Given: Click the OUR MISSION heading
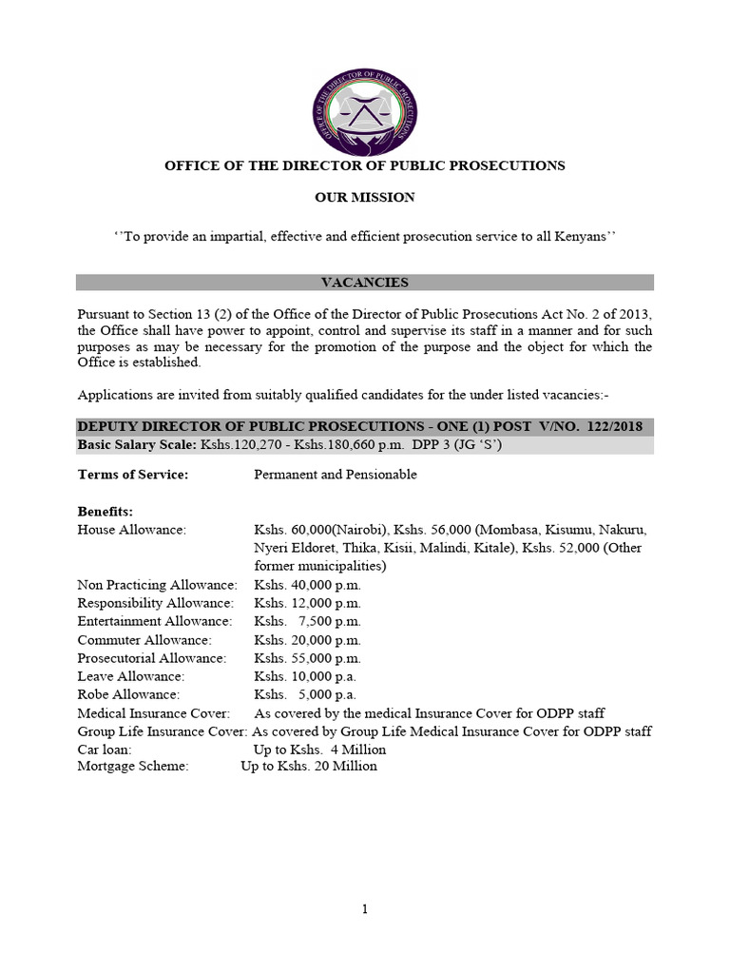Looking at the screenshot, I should [365, 198].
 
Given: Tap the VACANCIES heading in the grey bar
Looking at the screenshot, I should [365, 282].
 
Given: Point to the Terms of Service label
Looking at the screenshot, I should [132, 475].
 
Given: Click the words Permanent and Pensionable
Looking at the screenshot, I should [336, 475].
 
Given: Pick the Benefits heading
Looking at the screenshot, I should [105, 511].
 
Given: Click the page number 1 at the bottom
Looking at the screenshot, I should [365, 910].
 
